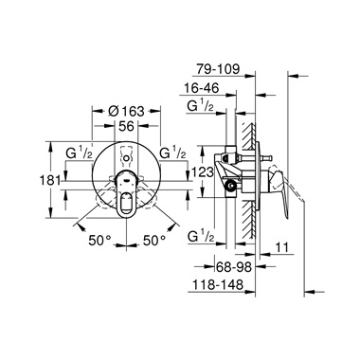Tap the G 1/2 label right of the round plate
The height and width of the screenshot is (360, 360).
(174, 152)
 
